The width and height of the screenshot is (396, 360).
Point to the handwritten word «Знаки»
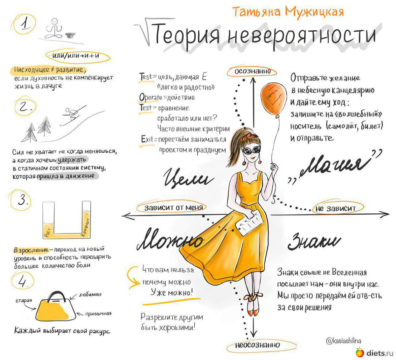coord(314,242)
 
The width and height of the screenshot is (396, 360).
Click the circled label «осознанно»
coord(252,71)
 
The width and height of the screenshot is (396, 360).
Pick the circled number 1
coord(24,24)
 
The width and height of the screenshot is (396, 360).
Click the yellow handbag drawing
coord(56,307)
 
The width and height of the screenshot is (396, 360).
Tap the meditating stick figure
coord(54,28)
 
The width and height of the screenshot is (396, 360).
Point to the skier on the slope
coord(73,114)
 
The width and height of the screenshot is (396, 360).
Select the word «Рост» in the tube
coord(48,232)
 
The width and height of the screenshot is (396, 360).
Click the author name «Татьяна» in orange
coord(256,12)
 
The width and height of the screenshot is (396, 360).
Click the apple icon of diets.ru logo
coord(360,352)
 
